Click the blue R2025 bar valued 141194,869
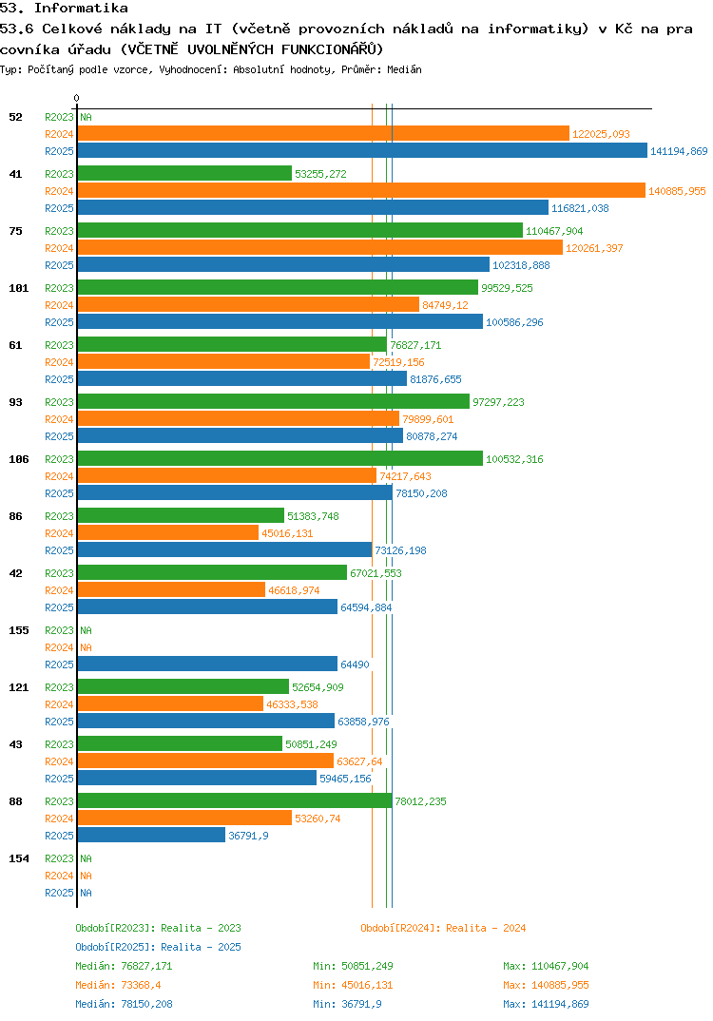(361, 151)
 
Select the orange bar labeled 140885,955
(361, 191)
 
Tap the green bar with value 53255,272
(184, 174)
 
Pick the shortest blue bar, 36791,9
(151, 836)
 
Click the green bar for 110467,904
(299, 231)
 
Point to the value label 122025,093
(601, 134)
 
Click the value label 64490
(355, 665)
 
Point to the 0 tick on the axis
(77, 98)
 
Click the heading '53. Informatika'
(64, 9)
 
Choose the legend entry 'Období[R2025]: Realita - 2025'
(158, 947)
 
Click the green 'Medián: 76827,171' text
(124, 966)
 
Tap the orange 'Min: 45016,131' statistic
(353, 985)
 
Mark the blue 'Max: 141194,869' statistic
(546, 1004)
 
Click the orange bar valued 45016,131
(168, 533)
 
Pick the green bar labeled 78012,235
(234, 801)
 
